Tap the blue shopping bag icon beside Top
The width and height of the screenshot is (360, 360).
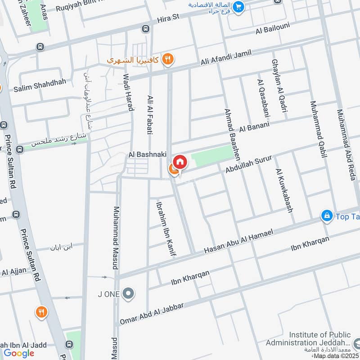click(x=327, y=216)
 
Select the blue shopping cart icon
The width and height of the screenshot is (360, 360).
click(x=238, y=6)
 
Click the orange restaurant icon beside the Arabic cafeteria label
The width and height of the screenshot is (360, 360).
click(x=168, y=58)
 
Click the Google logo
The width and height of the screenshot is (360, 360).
click(x=19, y=353)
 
